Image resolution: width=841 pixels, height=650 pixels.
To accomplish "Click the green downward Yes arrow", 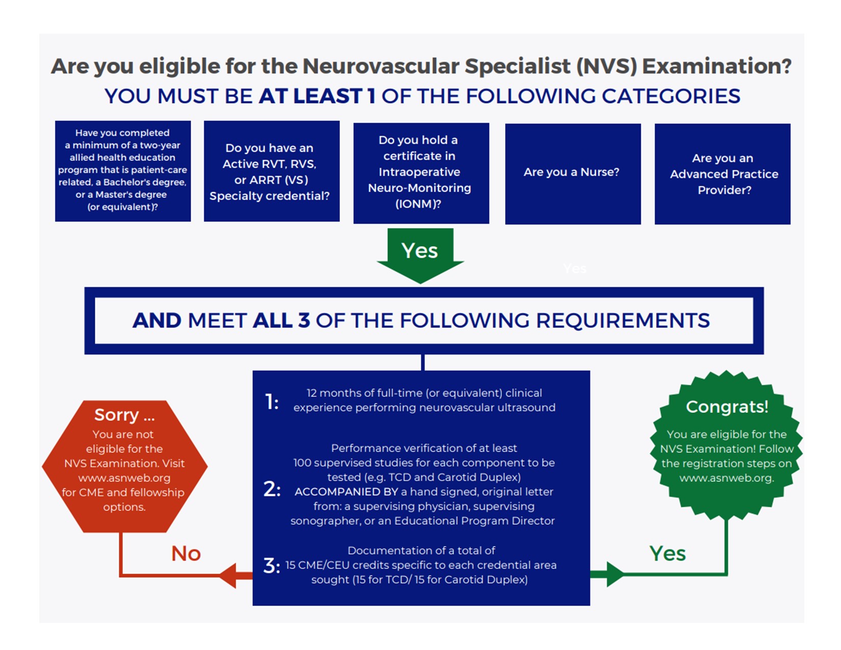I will click(420, 254).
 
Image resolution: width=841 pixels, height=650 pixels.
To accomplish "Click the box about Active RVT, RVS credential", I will click(271, 171).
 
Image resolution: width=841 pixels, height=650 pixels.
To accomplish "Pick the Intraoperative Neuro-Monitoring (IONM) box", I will click(420, 173).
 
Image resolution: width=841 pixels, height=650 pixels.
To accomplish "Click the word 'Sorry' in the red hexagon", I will click(117, 415).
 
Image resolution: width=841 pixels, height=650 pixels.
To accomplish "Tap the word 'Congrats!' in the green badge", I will click(726, 407).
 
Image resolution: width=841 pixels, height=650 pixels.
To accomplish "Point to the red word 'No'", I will click(186, 554).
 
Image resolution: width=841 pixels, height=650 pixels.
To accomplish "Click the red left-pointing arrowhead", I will click(229, 576).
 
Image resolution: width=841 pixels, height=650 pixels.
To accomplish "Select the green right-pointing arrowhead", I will click(614, 575).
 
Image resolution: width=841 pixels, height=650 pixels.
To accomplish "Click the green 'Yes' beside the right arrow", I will click(667, 554).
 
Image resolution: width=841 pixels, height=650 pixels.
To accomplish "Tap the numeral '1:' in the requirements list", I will click(272, 402).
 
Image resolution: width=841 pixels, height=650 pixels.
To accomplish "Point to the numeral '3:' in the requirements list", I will click(272, 565).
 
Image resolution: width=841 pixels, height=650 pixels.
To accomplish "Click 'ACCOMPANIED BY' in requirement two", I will click(346, 492).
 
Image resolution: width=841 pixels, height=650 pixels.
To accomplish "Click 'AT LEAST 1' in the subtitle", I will click(317, 96).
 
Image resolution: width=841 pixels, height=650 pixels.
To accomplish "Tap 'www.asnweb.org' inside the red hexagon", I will click(124, 478).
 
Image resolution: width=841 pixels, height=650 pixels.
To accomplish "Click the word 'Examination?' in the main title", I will click(716, 66).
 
